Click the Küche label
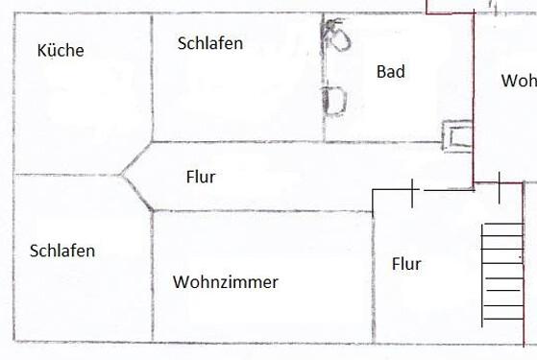click(x=60, y=51)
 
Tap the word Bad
click(x=391, y=71)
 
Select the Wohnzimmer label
click(x=226, y=282)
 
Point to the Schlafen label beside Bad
click(x=210, y=43)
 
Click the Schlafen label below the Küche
click(x=62, y=252)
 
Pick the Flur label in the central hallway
click(x=201, y=177)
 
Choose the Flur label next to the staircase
click(x=406, y=264)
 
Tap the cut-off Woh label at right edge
click(x=518, y=81)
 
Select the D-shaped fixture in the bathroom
click(x=333, y=101)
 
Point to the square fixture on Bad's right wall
click(x=454, y=135)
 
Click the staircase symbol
click(x=501, y=274)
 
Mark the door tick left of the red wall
click(x=413, y=192)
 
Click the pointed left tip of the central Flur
click(x=121, y=176)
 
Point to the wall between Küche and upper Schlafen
click(x=152, y=77)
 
